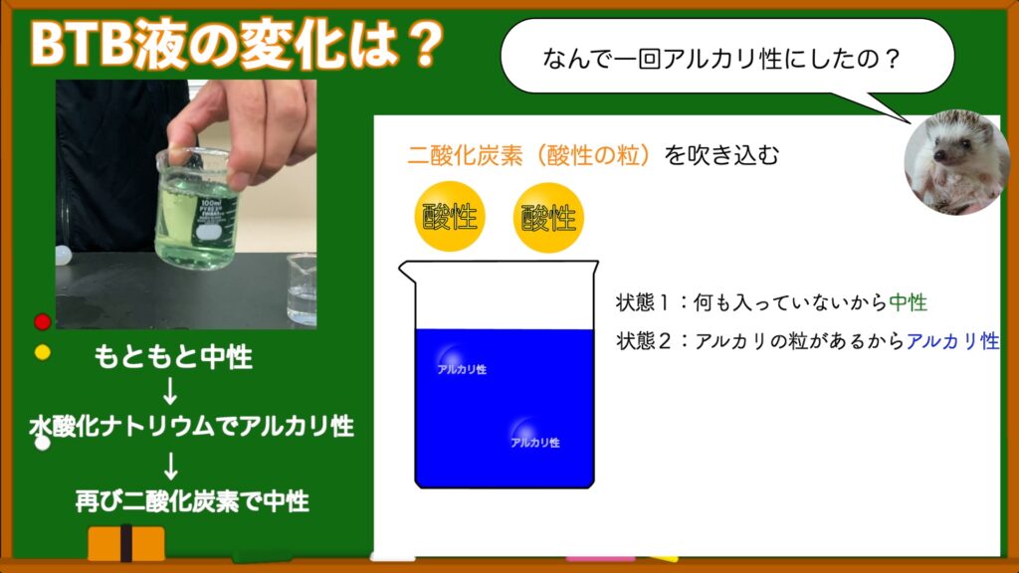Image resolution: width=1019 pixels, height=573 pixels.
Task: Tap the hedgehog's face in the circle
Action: click(950, 156)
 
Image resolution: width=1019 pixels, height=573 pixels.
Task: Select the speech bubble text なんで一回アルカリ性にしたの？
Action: click(720, 59)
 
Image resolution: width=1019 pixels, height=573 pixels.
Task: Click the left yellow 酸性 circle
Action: click(450, 217)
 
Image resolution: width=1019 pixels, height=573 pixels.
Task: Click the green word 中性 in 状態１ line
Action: click(908, 302)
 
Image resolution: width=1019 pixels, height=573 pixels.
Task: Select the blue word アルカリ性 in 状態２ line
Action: click(952, 340)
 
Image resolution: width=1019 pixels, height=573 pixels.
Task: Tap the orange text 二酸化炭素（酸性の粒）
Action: click(528, 155)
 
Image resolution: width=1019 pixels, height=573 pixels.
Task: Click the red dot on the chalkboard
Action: click(42, 321)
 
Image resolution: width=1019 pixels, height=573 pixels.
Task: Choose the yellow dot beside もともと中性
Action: click(42, 352)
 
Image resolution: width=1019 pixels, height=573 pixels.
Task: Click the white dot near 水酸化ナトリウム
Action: click(42, 443)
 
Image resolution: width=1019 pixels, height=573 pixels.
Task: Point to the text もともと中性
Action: click(173, 357)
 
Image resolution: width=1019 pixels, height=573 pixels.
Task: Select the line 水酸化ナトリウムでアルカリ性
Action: click(192, 426)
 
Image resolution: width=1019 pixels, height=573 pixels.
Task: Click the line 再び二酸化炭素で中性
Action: click(192, 501)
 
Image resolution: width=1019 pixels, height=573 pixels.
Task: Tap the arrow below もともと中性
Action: click(170, 391)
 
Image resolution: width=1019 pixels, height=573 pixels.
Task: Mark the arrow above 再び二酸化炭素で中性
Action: click(171, 466)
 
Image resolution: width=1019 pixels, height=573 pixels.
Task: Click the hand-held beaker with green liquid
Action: click(196, 209)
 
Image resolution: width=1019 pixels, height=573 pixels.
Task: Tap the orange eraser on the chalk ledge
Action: click(126, 543)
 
